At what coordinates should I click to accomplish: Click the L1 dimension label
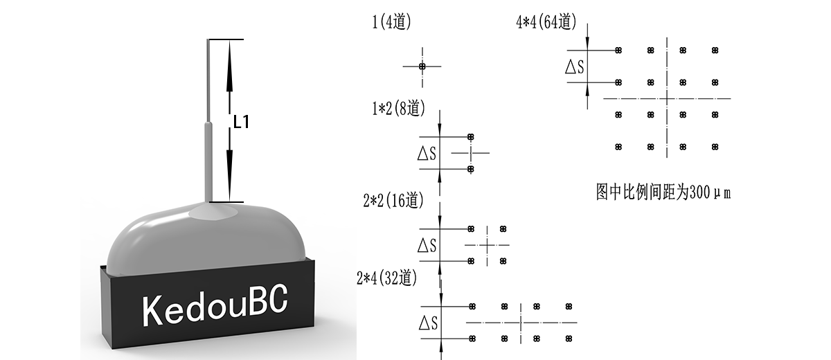pos(241,122)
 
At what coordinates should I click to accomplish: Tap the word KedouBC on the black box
pos(215,306)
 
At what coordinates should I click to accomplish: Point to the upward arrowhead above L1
pos(229,65)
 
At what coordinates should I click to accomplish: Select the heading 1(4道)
pos(392,21)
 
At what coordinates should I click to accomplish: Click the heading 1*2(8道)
pos(399,108)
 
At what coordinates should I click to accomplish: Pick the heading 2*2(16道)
pos(393,201)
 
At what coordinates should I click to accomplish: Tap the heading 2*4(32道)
pos(387,278)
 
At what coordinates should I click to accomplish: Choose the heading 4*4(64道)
pos(546,22)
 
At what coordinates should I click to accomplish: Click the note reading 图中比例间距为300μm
pos(663,192)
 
